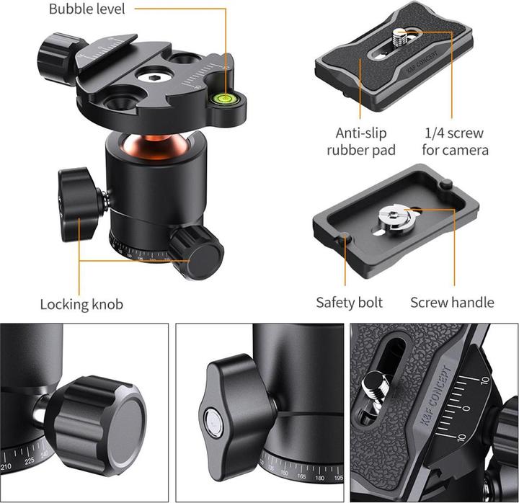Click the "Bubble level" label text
click(x=86, y=9)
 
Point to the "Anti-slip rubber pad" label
click(x=361, y=142)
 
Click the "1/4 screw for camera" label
click(x=456, y=142)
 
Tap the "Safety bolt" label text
click(x=350, y=302)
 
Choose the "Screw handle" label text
click(x=452, y=302)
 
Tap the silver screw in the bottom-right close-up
click(x=375, y=389)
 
